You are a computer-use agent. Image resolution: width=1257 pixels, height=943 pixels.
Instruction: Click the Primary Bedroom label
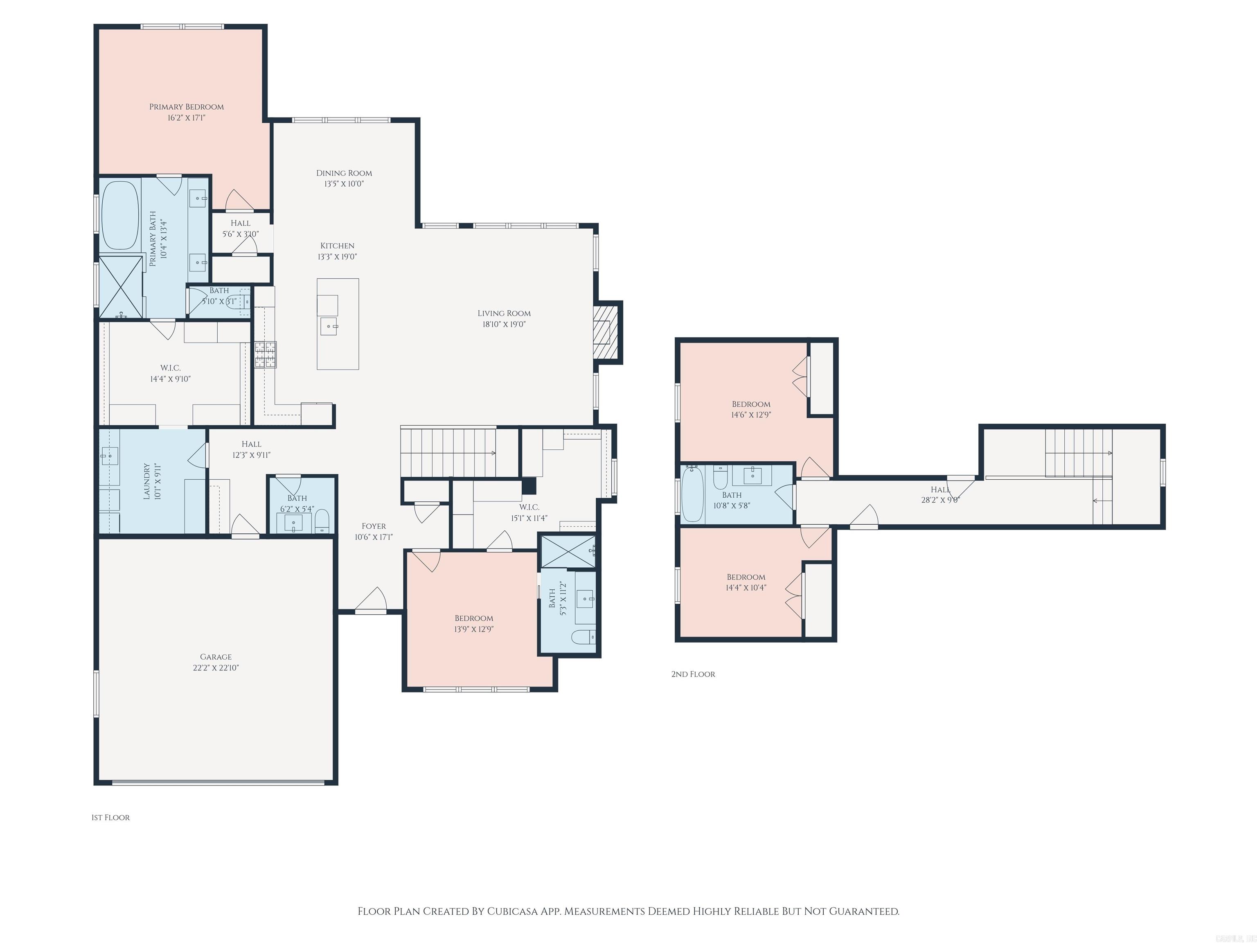pyautogui.click(x=187, y=107)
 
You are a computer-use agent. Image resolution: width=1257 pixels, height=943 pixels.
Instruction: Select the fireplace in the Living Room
pyautogui.click(x=606, y=332)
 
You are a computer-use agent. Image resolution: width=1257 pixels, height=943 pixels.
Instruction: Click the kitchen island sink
pyautogui.click(x=329, y=327)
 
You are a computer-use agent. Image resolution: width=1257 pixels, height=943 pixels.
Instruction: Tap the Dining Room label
pyautogui.click(x=344, y=173)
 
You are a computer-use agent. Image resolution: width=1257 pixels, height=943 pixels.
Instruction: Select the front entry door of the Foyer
pyautogui.click(x=371, y=611)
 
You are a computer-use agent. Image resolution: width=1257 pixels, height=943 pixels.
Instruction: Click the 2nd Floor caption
pyautogui.click(x=693, y=674)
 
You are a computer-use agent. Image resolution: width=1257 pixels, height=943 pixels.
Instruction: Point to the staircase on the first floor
pyautogui.click(x=449, y=452)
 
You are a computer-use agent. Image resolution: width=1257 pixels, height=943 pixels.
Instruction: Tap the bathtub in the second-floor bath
pyautogui.click(x=692, y=493)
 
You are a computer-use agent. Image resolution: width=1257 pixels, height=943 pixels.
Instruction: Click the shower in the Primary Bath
pyautogui.click(x=120, y=287)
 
